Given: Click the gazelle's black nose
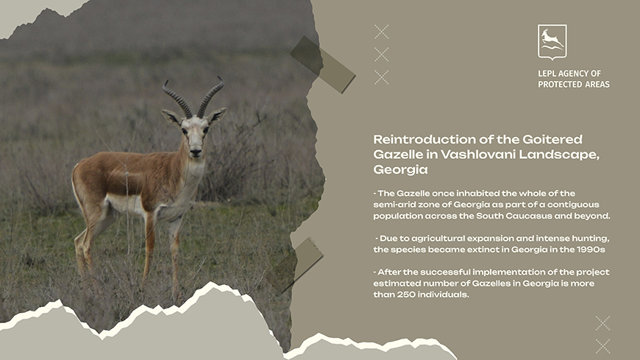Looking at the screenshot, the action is [x=196, y=152].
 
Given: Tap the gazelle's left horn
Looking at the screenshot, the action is [x=177, y=99].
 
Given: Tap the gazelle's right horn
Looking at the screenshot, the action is [x=210, y=96].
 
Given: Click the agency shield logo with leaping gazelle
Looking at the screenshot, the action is [x=552, y=42].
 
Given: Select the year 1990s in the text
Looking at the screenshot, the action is [x=591, y=250].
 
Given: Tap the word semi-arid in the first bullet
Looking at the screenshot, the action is [x=392, y=205].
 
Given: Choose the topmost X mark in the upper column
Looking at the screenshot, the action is [x=381, y=32].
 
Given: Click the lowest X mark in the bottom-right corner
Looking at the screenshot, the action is [x=603, y=346].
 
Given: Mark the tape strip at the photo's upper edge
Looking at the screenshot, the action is [x=322, y=65].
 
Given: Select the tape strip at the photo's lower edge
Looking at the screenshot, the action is [x=295, y=265].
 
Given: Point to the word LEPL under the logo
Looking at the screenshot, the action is [x=546, y=74].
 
